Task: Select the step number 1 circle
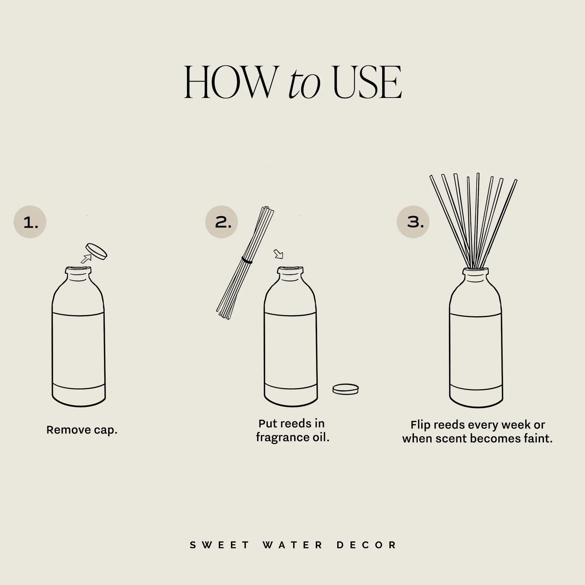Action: [x=30, y=222]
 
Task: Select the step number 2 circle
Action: [x=222, y=222]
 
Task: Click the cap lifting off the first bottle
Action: [x=96, y=251]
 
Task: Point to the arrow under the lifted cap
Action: [x=86, y=259]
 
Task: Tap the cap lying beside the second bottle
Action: [x=345, y=389]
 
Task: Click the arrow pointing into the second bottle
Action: [x=279, y=254]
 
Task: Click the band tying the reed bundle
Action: [x=247, y=260]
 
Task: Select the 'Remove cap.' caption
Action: [x=82, y=430]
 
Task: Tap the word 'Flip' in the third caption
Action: [x=420, y=425]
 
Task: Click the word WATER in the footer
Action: [x=293, y=545]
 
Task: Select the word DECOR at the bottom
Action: [x=367, y=545]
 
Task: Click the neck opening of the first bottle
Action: [x=78, y=270]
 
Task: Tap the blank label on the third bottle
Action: [x=476, y=351]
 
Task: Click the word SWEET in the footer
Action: [x=220, y=545]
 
